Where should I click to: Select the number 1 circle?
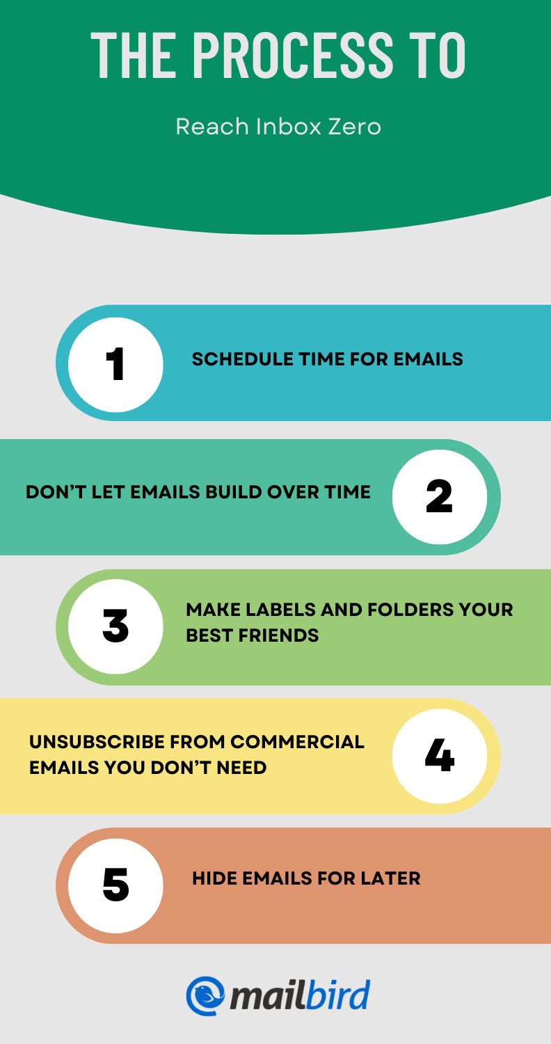116,363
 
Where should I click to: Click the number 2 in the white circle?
439,496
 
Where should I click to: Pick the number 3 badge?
116,625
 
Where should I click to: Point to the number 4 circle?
439,756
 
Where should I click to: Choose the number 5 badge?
116,885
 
